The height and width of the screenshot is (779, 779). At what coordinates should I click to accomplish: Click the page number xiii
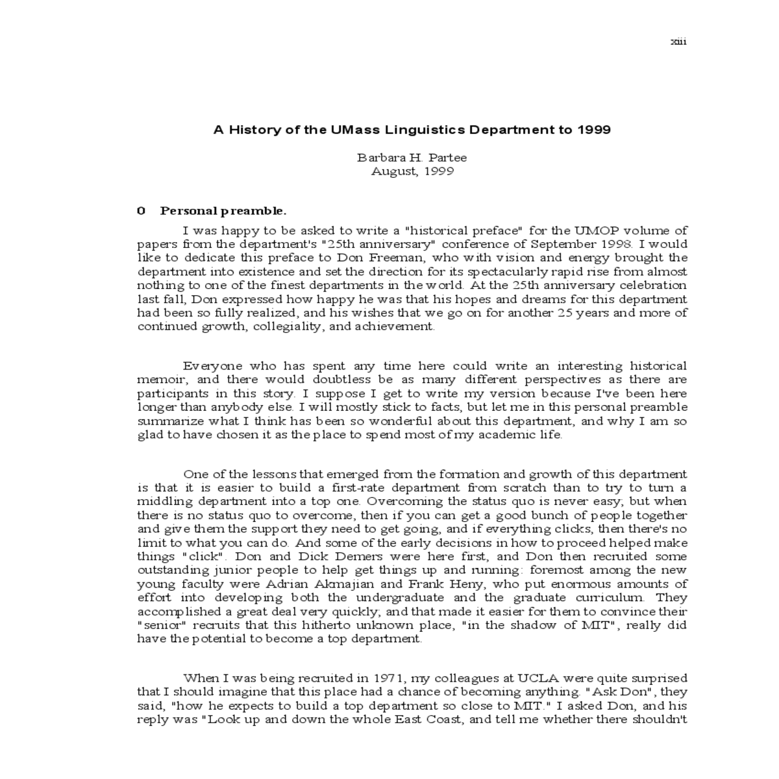pyautogui.click(x=678, y=42)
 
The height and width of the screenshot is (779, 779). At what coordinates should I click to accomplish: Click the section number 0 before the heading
pyautogui.click(x=141, y=211)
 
